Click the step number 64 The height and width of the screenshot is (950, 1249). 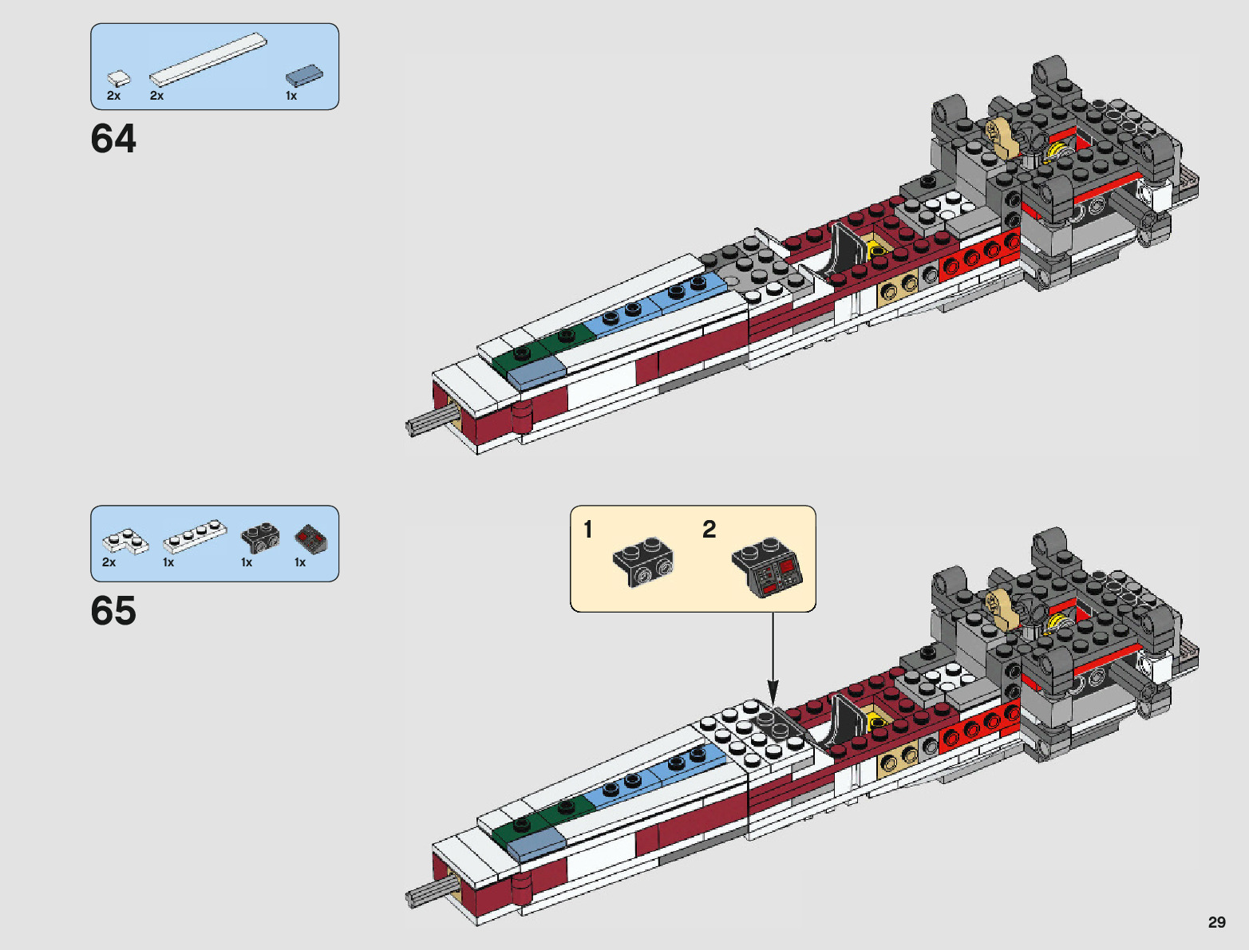click(113, 139)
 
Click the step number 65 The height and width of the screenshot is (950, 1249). click(113, 611)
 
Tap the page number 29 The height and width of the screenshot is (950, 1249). click(1216, 922)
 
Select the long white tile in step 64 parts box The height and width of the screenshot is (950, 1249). click(208, 59)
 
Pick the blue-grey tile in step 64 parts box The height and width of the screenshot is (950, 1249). click(304, 75)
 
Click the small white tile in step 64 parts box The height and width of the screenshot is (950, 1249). click(119, 78)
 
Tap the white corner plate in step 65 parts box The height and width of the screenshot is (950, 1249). click(125, 542)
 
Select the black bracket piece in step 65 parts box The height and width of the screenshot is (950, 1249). click(260, 538)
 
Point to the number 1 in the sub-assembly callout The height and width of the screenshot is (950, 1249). click(588, 530)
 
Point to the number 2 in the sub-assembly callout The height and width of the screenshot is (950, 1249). click(709, 530)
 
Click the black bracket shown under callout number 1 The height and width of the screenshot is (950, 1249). click(643, 562)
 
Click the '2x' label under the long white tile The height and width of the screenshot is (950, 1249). click(156, 96)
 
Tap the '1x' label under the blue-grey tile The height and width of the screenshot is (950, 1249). click(291, 96)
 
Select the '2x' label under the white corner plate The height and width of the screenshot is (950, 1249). click(109, 562)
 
